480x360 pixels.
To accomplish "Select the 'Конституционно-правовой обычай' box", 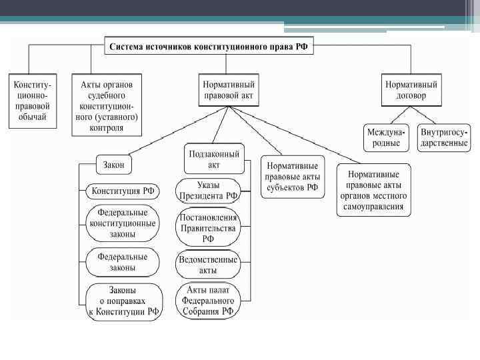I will tap(33, 101).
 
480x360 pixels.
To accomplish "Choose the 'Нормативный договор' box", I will tap(411, 91).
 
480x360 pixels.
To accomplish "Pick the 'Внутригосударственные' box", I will tap(445, 137).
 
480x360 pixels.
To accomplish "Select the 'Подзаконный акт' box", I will tap(213, 159).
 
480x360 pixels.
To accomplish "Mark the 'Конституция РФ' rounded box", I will tap(123, 191).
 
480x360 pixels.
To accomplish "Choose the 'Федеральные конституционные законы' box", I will tap(123, 223).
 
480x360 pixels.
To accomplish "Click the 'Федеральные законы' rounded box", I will tap(123, 261).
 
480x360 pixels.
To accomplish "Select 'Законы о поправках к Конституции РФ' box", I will tap(124, 301).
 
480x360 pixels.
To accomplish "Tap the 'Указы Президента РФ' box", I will tap(208, 190).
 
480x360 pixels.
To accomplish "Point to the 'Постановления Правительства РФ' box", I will tap(208, 227).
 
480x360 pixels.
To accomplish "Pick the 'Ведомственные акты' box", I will tap(208, 265).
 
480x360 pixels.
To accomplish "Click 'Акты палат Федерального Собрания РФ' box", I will tap(208, 301).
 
